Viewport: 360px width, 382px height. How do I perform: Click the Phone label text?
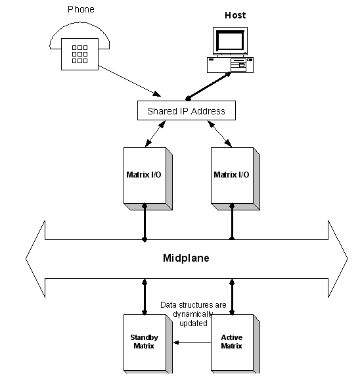[81, 9]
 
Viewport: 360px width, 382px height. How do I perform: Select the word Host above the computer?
[235, 15]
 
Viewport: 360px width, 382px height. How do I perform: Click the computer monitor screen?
[229, 42]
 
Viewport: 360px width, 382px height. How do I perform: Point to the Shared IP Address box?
[186, 110]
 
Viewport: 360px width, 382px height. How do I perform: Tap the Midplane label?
[186, 258]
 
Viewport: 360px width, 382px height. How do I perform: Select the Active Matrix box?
[231, 342]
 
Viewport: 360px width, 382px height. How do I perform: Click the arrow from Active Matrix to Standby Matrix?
[191, 342]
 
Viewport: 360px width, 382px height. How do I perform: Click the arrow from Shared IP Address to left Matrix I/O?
[154, 133]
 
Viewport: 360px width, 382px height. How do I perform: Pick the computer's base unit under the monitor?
[229, 65]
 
